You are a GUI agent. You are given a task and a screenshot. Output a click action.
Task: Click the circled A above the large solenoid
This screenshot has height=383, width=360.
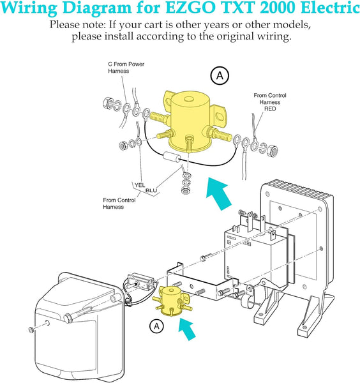pos(220,76)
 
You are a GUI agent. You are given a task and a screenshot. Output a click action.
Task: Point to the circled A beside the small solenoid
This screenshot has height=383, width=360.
pos(156,326)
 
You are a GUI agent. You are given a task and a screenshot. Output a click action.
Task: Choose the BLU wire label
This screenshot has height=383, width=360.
pos(151,190)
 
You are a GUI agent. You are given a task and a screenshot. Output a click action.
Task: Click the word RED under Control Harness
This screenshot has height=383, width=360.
pos(270,109)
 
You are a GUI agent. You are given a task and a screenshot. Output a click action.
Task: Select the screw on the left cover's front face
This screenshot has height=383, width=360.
pos(31,329)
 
